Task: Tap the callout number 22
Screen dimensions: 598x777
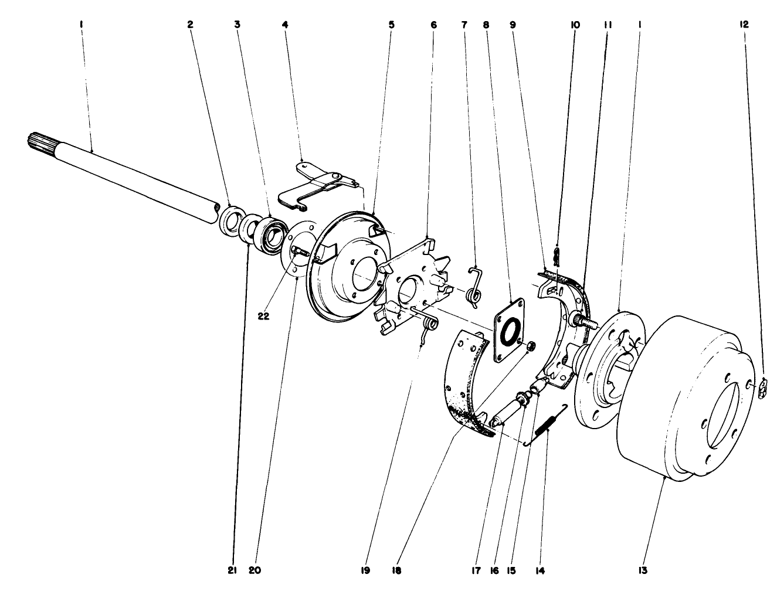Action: pyautogui.click(x=263, y=315)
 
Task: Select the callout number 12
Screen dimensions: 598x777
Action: pyautogui.click(x=744, y=25)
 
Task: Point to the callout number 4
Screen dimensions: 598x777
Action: pyautogui.click(x=285, y=25)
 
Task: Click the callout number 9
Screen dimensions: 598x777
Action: pyautogui.click(x=513, y=25)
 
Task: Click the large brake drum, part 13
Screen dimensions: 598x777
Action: pyautogui.click(x=680, y=399)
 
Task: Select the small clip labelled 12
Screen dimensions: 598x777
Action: pyautogui.click(x=763, y=388)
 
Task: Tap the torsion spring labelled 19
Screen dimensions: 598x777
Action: pyautogui.click(x=429, y=325)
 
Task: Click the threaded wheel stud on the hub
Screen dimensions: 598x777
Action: pyautogui.click(x=583, y=321)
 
